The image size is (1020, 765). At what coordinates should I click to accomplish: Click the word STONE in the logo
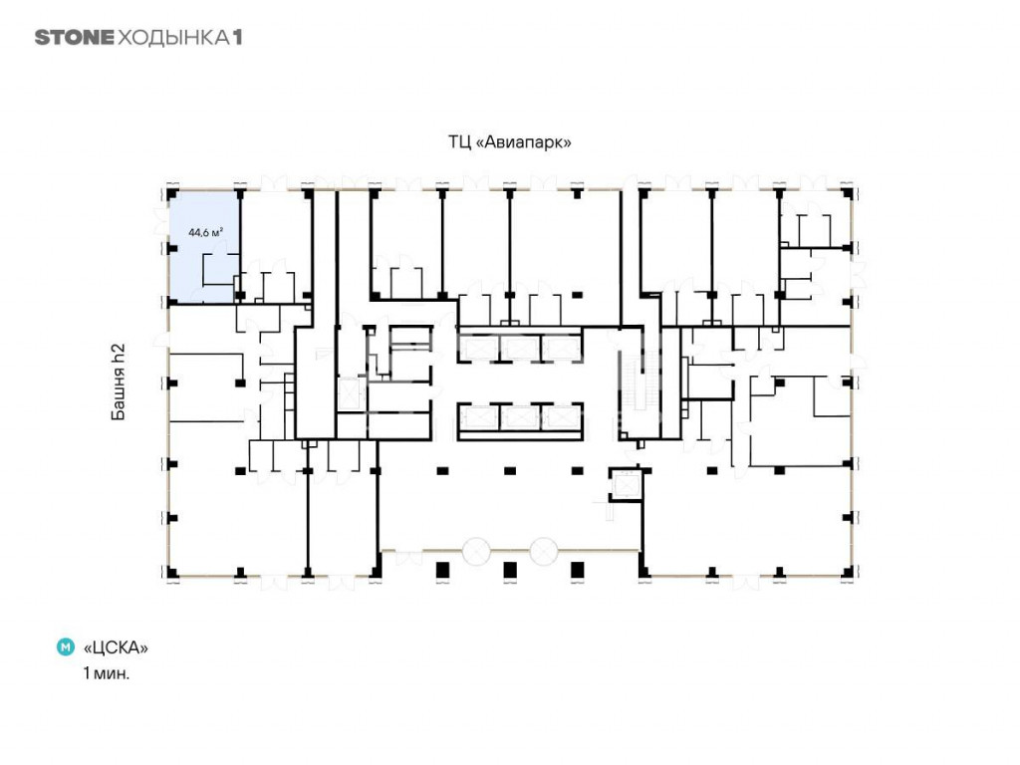[74, 38]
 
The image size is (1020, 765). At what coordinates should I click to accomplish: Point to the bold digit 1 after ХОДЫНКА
[238, 38]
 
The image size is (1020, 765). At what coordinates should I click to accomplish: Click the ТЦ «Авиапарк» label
[509, 141]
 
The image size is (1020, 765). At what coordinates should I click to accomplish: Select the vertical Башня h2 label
[118, 382]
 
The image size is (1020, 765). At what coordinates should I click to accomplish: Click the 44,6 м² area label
[206, 232]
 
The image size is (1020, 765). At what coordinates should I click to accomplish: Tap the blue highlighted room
[203, 246]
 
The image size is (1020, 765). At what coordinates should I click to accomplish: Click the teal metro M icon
[66, 647]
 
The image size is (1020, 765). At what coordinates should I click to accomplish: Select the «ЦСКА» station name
[116, 647]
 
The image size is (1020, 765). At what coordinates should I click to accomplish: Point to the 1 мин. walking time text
[106, 673]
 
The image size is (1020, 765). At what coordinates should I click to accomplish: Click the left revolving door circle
[477, 552]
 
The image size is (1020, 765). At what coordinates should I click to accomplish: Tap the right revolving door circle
[544, 552]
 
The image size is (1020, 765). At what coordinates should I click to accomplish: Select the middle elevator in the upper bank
[520, 348]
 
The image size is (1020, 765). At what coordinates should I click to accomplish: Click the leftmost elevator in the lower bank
[479, 417]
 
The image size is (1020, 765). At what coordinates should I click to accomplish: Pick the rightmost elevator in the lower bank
[561, 417]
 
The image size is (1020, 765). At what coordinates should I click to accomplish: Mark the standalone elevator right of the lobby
[626, 485]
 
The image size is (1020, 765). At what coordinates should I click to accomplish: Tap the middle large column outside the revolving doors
[510, 571]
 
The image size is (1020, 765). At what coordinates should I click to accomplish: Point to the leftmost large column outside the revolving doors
[442, 571]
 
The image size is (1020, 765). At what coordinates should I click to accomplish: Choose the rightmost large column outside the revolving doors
[577, 571]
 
